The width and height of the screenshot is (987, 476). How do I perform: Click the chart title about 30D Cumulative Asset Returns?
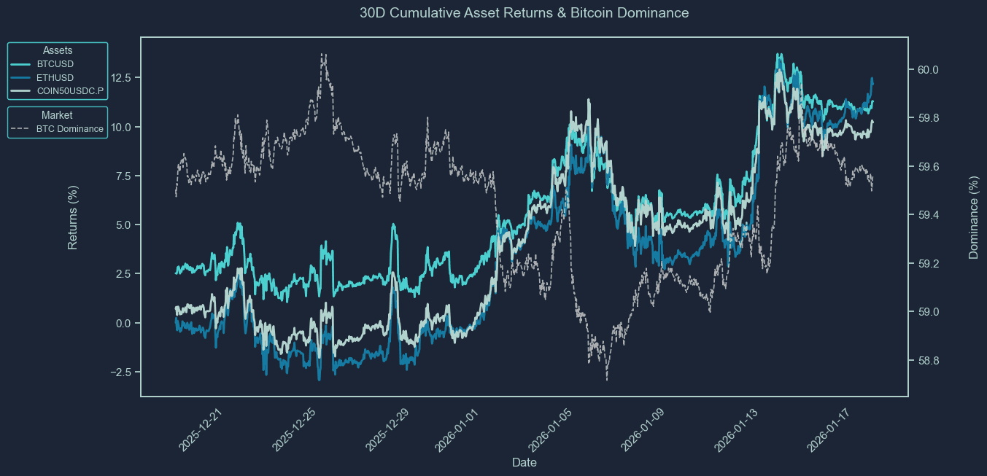524,13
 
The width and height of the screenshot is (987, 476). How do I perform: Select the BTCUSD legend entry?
42,64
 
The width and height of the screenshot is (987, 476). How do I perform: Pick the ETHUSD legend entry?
42,78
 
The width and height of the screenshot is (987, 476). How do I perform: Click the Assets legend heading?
58,50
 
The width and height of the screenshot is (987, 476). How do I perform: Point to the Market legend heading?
57,115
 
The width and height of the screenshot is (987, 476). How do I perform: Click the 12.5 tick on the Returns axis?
120,78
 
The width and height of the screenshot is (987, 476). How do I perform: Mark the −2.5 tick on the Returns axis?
120,372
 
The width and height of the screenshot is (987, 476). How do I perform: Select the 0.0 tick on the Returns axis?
123,323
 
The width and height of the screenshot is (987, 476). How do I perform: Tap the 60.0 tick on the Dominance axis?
928,70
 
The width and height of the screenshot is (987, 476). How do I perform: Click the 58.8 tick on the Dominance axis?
928,361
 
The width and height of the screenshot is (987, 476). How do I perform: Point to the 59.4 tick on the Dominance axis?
928,215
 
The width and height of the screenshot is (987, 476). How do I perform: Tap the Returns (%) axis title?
73,217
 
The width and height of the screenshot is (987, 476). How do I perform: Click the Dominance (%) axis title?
973,217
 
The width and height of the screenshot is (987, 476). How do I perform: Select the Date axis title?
525,462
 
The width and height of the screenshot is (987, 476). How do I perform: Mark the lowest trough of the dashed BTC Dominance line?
607,380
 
